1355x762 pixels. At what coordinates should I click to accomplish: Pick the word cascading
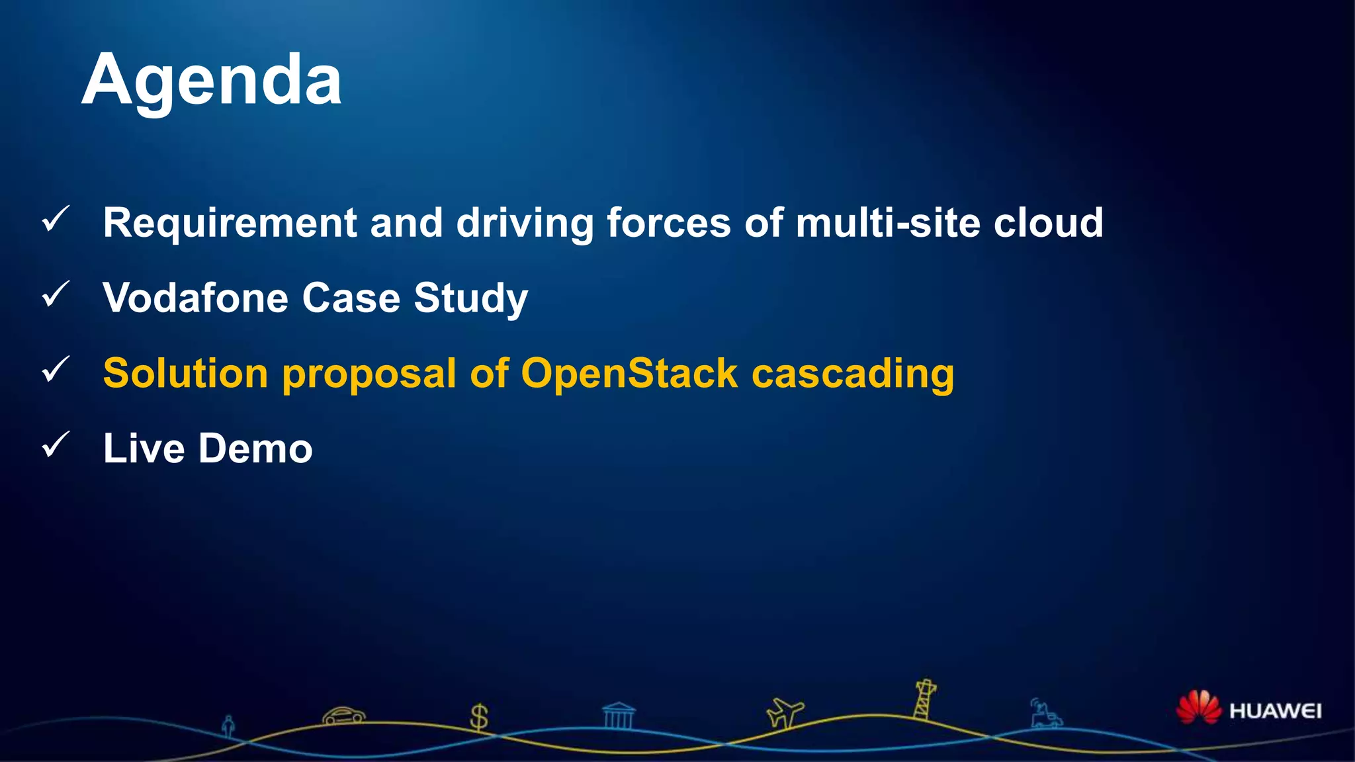(x=853, y=374)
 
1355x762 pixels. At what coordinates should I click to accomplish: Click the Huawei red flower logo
(x=1198, y=708)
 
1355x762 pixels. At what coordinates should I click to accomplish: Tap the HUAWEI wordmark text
(x=1275, y=711)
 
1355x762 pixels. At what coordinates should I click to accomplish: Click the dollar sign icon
(x=478, y=717)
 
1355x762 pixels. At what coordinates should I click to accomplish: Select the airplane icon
(x=785, y=713)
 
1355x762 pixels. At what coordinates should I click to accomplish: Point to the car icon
(x=343, y=716)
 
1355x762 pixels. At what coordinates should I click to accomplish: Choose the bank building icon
(x=619, y=716)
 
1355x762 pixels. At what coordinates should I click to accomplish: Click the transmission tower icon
(x=924, y=700)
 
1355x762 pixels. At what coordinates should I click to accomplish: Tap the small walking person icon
(x=228, y=726)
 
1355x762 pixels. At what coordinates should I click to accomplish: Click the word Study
(x=470, y=298)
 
